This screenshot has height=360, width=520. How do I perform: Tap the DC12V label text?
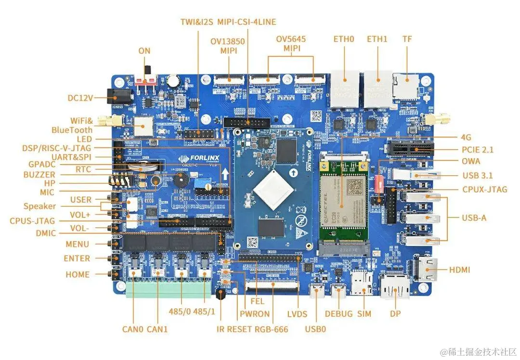pyautogui.click(x=80, y=98)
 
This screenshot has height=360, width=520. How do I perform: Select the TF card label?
pyautogui.click(x=407, y=39)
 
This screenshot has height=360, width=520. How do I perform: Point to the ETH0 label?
pyautogui.click(x=343, y=39)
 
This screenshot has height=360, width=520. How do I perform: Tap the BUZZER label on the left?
pyautogui.click(x=39, y=175)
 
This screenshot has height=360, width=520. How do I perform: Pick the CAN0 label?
pyautogui.click(x=133, y=329)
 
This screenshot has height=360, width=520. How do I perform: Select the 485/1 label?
pyautogui.click(x=204, y=312)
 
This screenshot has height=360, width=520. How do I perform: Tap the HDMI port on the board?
pyautogui.click(x=425, y=270)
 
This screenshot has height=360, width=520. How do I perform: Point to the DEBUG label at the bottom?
pyautogui.click(x=338, y=314)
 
